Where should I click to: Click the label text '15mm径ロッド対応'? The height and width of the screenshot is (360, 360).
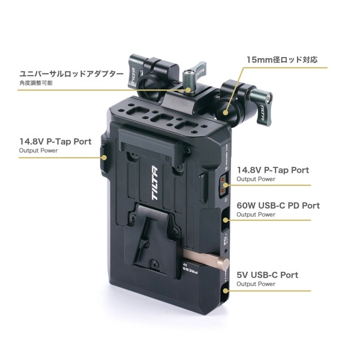(282, 59)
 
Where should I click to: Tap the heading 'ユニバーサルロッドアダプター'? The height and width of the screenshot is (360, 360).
(71, 74)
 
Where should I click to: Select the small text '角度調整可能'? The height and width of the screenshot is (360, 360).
(36, 83)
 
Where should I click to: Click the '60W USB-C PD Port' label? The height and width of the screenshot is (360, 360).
(278, 205)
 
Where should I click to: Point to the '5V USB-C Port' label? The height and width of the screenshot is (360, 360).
(268, 275)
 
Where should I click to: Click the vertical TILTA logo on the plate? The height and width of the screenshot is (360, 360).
(155, 183)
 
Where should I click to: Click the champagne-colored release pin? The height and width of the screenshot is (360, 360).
(206, 259)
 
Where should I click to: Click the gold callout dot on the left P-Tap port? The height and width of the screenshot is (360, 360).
(104, 158)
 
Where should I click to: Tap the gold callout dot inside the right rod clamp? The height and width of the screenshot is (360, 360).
(226, 113)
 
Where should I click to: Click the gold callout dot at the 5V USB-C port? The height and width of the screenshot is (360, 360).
(226, 291)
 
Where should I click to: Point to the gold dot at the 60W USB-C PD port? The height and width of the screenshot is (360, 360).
(226, 220)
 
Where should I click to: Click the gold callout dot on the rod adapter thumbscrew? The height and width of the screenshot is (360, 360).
(188, 90)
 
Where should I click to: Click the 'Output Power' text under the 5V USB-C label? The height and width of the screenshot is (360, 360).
(256, 284)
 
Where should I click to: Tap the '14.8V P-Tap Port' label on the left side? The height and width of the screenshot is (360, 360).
(55, 142)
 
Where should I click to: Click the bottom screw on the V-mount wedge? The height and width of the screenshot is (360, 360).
(155, 264)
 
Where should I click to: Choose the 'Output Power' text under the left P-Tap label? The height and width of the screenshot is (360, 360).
(38, 151)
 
